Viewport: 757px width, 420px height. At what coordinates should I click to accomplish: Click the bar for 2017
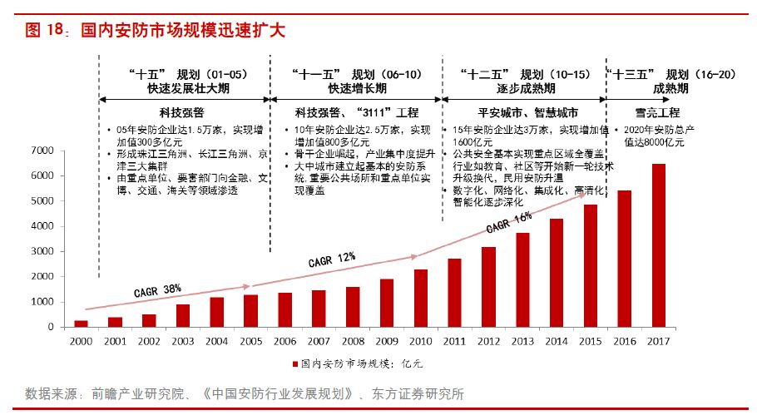coord(658,245)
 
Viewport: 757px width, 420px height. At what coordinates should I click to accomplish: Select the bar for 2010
coord(421,299)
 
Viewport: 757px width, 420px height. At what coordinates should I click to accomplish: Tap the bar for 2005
coord(250,311)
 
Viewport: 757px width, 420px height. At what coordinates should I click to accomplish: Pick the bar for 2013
coord(522,280)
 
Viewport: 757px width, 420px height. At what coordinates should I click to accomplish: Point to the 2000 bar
coord(81,324)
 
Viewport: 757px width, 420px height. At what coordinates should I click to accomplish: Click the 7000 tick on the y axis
coord(42,151)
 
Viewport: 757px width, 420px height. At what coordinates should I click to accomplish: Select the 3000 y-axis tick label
coord(42,251)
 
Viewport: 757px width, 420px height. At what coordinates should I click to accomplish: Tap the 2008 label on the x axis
coord(353,341)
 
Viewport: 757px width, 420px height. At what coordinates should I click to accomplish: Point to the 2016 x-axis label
coord(624,341)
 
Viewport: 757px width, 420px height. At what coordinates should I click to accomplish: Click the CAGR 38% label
coord(157,290)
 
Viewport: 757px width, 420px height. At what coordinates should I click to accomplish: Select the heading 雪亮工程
coord(657,112)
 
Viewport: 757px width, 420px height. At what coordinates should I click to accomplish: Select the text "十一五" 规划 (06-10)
coord(353,73)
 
